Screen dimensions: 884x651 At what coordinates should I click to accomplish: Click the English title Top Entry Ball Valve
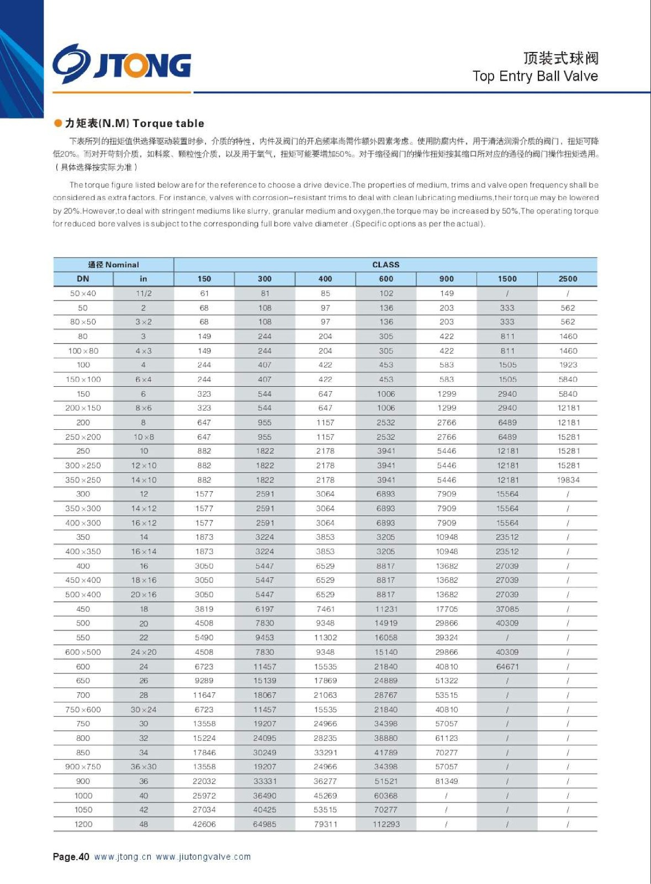(x=534, y=76)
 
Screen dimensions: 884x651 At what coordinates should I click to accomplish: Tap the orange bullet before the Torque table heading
(x=58, y=123)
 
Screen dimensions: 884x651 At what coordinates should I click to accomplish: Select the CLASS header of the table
(x=385, y=265)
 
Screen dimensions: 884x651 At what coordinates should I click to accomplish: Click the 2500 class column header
(x=568, y=279)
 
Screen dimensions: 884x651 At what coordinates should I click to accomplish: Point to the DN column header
(x=83, y=279)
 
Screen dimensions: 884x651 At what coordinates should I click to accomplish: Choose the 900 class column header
(x=446, y=279)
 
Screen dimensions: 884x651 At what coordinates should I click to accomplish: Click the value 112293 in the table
(x=386, y=824)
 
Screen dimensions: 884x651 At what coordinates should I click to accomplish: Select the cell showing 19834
(x=568, y=480)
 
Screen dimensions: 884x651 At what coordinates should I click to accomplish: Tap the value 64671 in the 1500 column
(x=507, y=667)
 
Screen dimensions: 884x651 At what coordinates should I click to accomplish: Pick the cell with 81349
(x=446, y=781)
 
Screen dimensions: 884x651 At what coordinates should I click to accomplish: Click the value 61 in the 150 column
(x=204, y=293)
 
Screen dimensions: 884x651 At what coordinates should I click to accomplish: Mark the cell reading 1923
(x=568, y=365)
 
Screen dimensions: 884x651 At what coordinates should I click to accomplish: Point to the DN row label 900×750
(x=83, y=767)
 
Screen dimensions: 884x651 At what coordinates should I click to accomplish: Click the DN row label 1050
(x=83, y=810)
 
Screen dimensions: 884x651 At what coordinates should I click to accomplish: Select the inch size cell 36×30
(x=144, y=767)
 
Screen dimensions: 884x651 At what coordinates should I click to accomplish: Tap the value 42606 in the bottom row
(x=204, y=824)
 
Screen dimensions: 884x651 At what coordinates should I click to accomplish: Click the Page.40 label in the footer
(x=71, y=857)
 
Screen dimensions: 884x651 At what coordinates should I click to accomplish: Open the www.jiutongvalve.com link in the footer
(x=203, y=857)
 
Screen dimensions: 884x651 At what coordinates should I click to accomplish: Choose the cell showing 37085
(x=507, y=609)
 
